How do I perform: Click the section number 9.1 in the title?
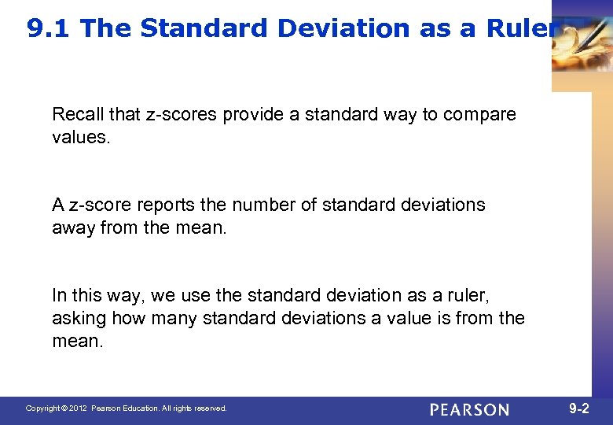[x=50, y=29]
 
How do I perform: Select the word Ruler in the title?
[x=519, y=29]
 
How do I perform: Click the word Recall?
[x=77, y=114]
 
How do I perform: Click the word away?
[x=72, y=227]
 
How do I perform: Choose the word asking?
[x=79, y=318]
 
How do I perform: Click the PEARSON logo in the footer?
[x=469, y=409]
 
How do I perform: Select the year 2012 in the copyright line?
[x=78, y=408]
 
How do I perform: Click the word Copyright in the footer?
[x=42, y=408]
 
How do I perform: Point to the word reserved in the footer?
[x=209, y=408]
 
